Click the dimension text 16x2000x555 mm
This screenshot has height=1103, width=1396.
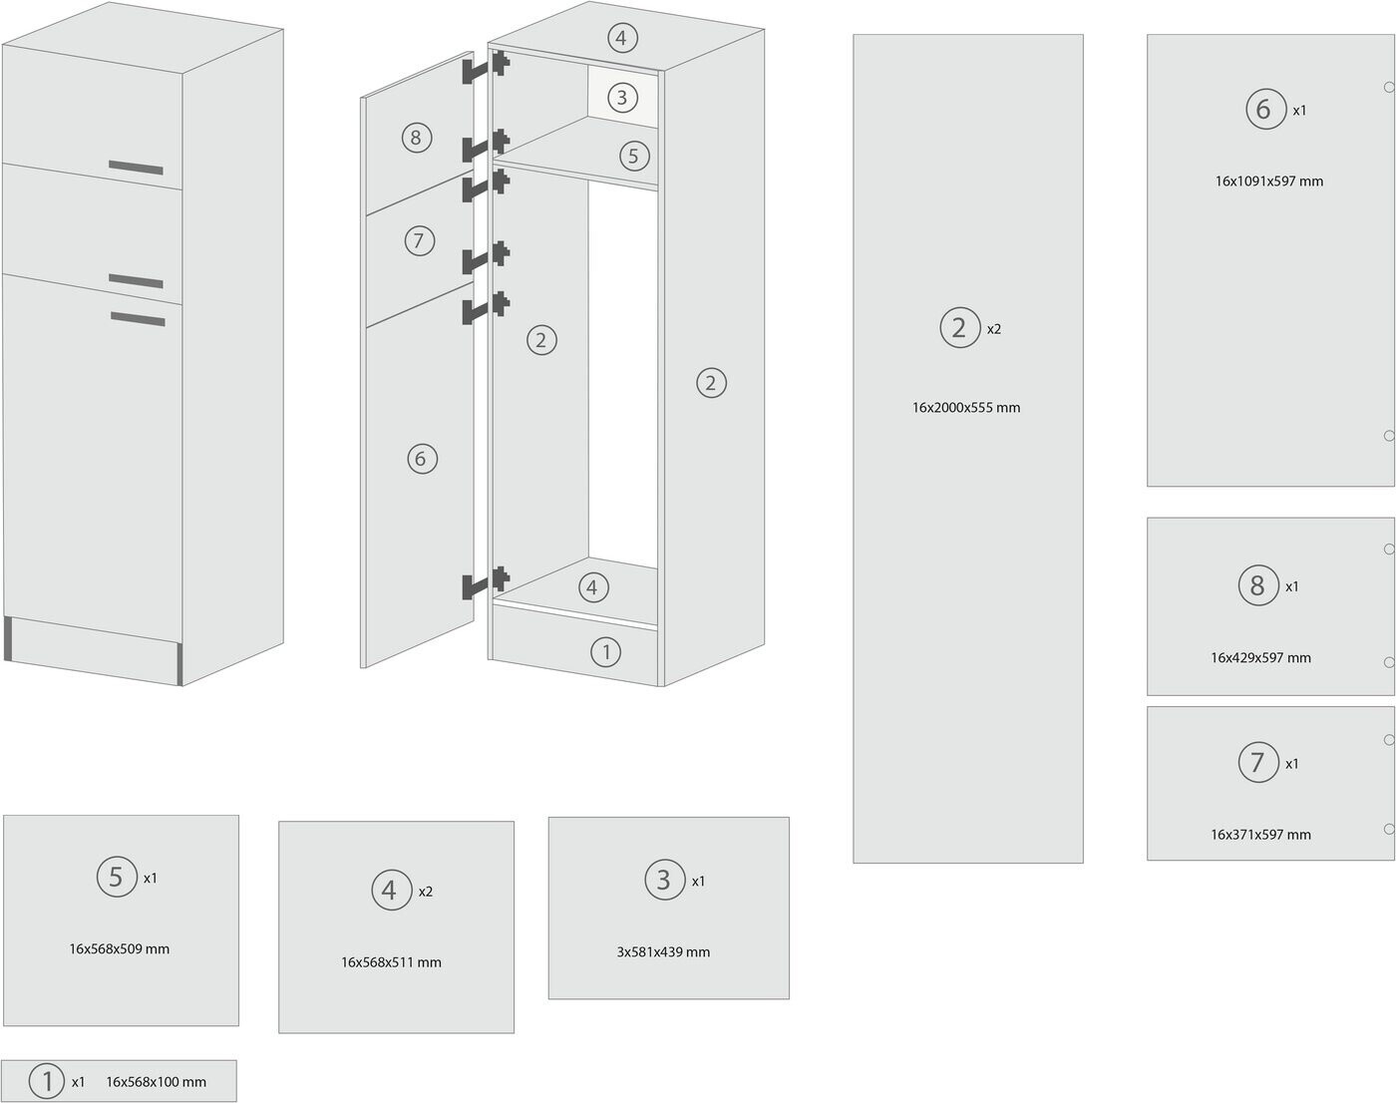965,407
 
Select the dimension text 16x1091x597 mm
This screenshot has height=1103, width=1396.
1268,181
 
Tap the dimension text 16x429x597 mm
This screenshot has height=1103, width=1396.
1260,657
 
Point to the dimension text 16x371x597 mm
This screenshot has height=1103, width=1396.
1260,834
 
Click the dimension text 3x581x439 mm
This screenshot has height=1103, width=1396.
663,951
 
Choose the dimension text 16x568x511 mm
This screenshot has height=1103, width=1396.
391,961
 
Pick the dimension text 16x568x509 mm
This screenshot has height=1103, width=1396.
119,948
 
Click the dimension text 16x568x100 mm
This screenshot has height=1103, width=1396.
156,1081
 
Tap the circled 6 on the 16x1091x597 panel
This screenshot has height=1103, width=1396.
1264,108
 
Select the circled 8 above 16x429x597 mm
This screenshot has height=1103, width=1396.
1257,585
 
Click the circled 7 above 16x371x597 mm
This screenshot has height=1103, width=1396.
1257,763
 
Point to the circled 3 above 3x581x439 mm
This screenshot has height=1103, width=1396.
663,880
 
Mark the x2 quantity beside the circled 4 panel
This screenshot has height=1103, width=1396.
426,891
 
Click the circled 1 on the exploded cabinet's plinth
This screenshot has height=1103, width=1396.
605,652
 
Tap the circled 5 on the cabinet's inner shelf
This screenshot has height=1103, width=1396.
634,156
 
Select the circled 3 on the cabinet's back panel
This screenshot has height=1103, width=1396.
622,97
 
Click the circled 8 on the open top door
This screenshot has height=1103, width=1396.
416,137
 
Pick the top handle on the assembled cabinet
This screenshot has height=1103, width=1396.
136,168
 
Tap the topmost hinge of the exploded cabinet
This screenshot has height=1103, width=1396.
486,68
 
